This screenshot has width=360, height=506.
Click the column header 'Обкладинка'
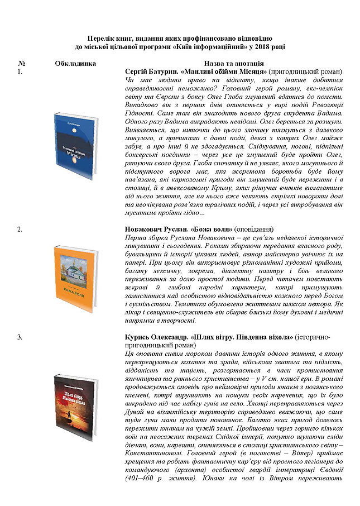pyautogui.click(x=75, y=64)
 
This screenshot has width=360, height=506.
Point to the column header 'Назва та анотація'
pyautogui.click(x=234, y=64)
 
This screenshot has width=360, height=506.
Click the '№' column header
pyautogui.click(x=22, y=64)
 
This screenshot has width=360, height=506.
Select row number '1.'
pyautogui.click(x=21, y=72)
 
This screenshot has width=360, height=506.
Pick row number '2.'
pyautogui.click(x=21, y=229)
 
